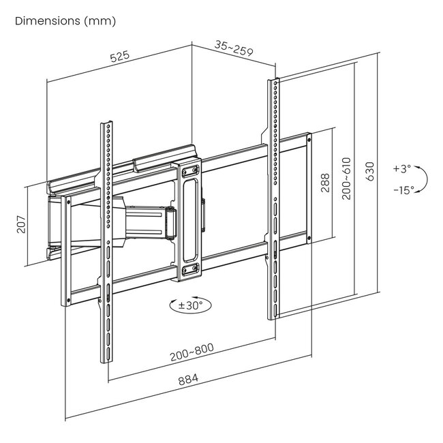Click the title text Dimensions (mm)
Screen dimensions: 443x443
65,21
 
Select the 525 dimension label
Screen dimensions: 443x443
120,59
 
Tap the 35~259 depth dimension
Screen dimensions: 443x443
233,48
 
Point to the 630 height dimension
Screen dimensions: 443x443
370,171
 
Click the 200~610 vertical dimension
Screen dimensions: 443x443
347,179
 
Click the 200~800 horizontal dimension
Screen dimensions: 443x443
192,354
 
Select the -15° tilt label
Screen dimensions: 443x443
403,190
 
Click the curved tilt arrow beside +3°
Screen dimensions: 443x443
423,179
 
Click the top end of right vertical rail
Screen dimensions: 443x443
274,82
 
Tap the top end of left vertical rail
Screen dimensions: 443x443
106,125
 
